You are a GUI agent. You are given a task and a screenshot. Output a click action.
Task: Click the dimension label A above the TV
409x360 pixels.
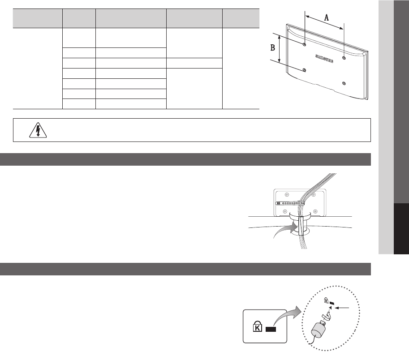pyautogui.click(x=326, y=18)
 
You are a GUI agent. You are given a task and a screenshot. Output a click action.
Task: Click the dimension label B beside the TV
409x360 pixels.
pyautogui.click(x=272, y=48)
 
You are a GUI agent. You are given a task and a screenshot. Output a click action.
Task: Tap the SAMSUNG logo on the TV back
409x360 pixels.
pyautogui.click(x=324, y=59)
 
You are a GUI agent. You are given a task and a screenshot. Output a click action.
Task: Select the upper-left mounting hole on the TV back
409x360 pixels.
pyautogui.click(x=305, y=45)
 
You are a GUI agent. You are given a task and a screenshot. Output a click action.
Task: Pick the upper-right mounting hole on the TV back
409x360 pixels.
pyautogui.click(x=344, y=58)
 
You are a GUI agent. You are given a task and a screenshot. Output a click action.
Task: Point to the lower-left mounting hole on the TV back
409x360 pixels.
pyautogui.click(x=304, y=70)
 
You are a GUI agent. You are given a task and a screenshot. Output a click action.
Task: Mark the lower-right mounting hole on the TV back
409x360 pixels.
pyautogui.click(x=344, y=83)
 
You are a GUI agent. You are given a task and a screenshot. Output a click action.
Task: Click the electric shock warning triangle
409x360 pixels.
pyautogui.click(x=38, y=130)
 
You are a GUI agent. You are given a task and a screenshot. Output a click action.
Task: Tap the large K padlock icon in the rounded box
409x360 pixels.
pyautogui.click(x=258, y=326)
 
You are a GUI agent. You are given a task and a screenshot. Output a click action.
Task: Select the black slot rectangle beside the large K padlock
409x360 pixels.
pyautogui.click(x=271, y=330)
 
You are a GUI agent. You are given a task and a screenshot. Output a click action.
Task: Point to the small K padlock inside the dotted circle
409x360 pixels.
pyautogui.click(x=326, y=300)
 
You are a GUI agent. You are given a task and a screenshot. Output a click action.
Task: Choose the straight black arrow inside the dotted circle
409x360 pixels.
pyautogui.click(x=342, y=308)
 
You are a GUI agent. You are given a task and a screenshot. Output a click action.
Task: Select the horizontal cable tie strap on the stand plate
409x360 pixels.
pyautogui.click(x=290, y=203)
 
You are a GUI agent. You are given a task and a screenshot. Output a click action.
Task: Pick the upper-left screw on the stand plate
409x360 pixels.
pyautogui.click(x=287, y=194)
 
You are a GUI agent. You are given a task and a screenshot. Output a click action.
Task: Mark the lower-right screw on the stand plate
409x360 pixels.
pyautogui.click(x=315, y=211)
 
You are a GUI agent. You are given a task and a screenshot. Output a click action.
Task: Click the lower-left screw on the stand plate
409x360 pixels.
pyautogui.click(x=285, y=211)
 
